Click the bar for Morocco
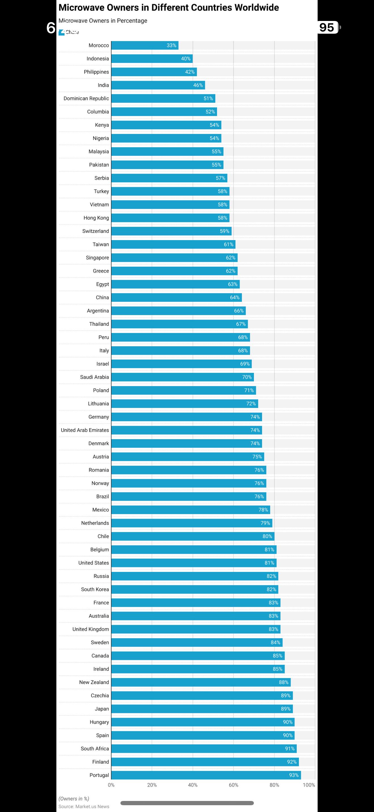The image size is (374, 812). (145, 45)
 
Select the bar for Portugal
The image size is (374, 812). (206, 775)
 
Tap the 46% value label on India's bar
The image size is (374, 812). (198, 85)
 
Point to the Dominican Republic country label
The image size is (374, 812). (86, 98)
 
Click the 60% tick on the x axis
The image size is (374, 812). (233, 785)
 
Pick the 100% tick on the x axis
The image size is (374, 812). (309, 785)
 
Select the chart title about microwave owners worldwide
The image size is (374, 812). (169, 8)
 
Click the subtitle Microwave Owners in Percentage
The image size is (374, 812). (103, 21)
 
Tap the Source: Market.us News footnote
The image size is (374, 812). (84, 806)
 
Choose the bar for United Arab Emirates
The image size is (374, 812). (186, 430)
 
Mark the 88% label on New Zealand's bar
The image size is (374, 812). (284, 682)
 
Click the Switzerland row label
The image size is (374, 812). (95, 231)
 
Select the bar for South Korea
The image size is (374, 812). (195, 589)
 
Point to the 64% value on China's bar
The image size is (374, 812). (235, 298)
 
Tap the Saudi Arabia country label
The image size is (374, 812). (94, 377)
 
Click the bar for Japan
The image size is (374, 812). (202, 709)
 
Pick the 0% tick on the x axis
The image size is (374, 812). (111, 785)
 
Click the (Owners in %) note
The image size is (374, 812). (74, 798)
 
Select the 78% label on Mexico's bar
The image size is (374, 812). (263, 510)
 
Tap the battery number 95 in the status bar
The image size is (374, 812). (327, 27)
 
